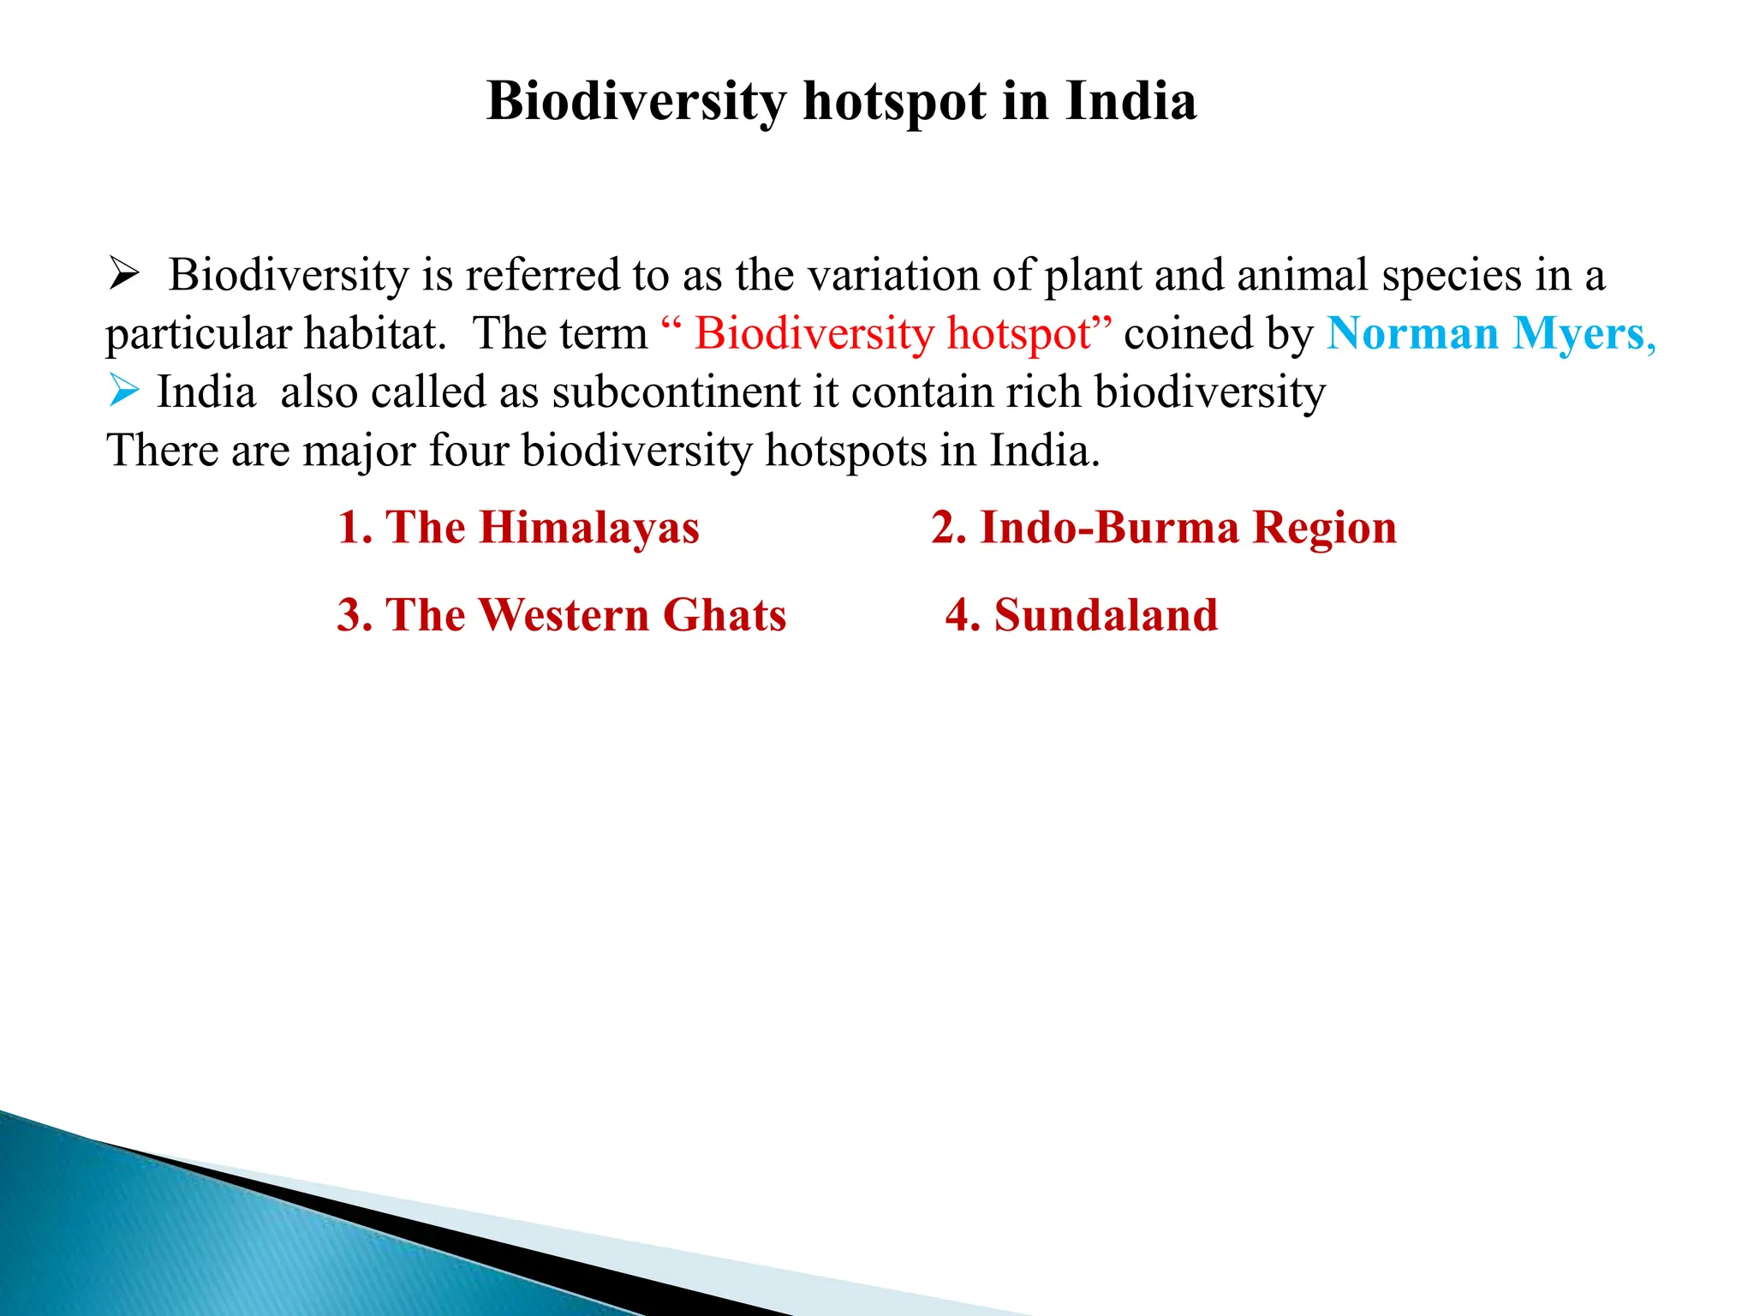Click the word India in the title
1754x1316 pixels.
(x=1131, y=101)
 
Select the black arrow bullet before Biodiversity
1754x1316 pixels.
(x=124, y=275)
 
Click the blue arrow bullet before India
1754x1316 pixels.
(x=124, y=392)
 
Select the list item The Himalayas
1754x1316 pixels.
(x=518, y=527)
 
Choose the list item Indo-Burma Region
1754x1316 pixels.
(x=1164, y=527)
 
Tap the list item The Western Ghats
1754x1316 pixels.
(x=561, y=615)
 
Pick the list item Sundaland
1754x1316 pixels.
(x=1081, y=615)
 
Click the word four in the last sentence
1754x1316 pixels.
(x=468, y=450)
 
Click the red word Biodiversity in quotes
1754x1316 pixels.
(x=814, y=333)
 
